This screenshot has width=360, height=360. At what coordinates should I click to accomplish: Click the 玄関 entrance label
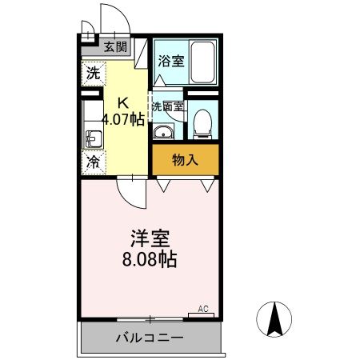click(114, 46)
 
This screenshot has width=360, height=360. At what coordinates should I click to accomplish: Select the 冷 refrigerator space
click(93, 161)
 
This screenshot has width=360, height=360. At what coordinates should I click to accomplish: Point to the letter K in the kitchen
click(123, 102)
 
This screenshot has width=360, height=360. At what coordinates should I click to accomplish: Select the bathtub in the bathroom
click(203, 59)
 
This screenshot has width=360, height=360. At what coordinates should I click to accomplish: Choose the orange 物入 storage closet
click(185, 159)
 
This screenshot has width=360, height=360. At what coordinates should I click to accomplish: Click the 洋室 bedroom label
click(150, 239)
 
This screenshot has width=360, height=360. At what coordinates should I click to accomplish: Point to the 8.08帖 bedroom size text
click(150, 260)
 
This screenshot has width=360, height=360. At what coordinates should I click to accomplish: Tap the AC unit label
click(203, 308)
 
